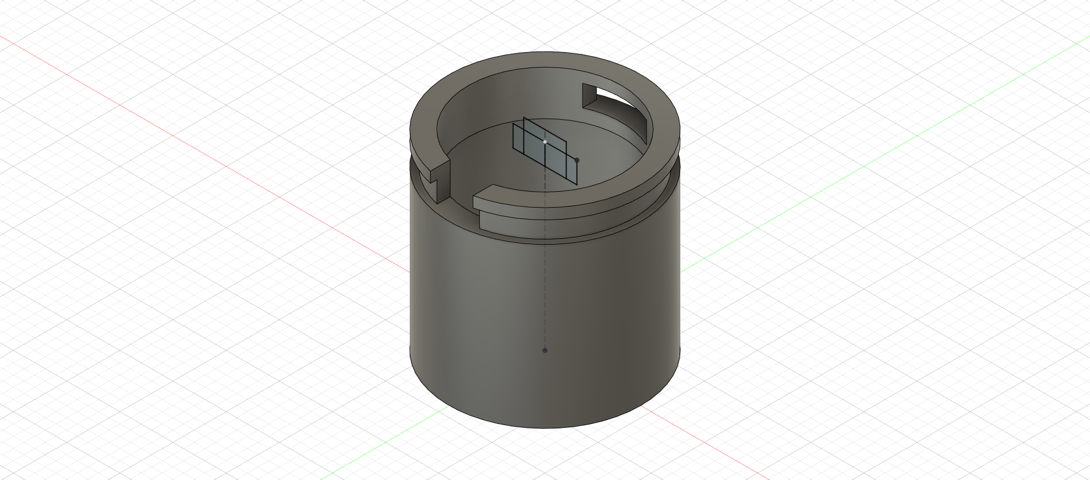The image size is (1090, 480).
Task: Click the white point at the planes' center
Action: [x=545, y=141]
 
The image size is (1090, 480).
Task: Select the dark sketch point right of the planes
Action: [x=577, y=160]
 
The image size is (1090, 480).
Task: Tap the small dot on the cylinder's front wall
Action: [x=545, y=350]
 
